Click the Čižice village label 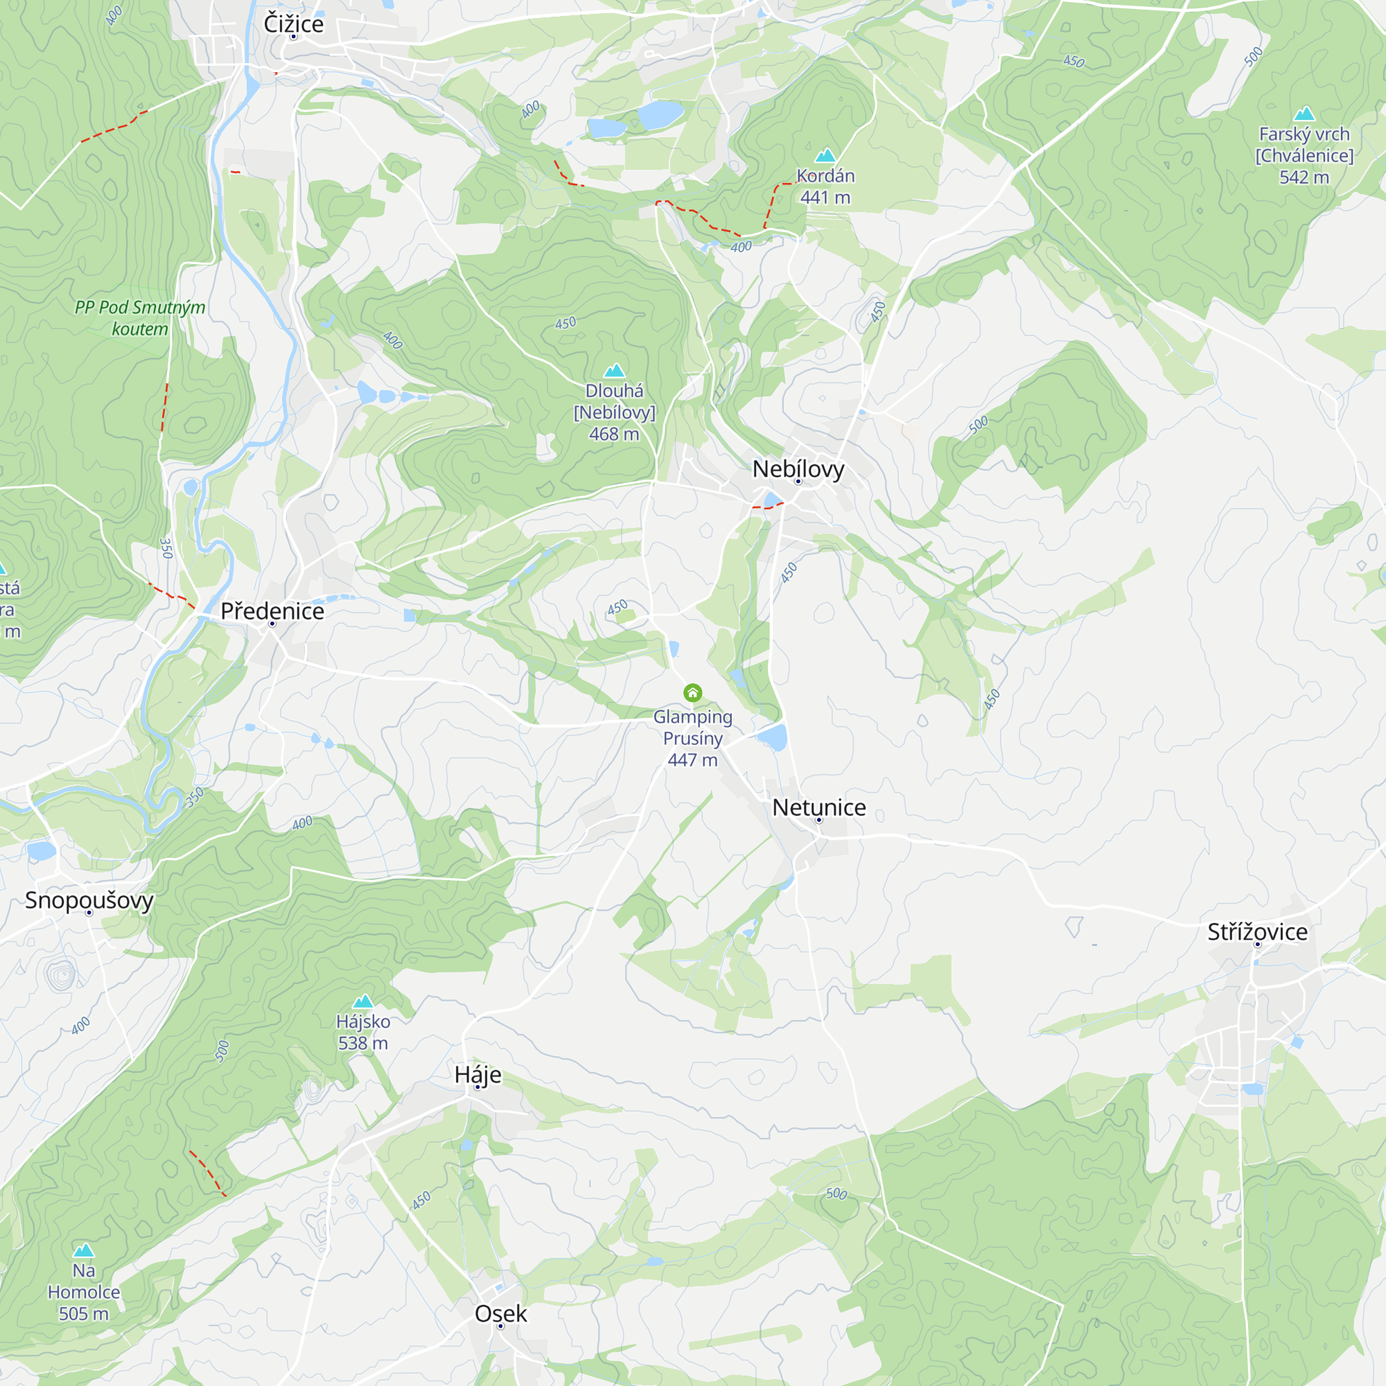coord(293,24)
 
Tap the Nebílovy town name coord(798,469)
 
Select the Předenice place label coord(272,611)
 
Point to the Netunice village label coord(818,808)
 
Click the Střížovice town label coord(1257,932)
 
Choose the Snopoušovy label coord(89,900)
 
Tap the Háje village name coord(477,1075)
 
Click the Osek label coord(501,1313)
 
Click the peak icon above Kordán coord(825,155)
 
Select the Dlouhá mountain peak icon coord(614,370)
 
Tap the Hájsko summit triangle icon coord(363,1001)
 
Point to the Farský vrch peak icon coord(1304,114)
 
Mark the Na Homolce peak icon coord(84,1250)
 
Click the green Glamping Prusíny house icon coord(692,692)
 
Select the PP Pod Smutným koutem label coord(140,318)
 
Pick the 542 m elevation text coord(1304,177)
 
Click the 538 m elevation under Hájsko coord(363,1043)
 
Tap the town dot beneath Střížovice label coord(1257,944)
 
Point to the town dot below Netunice coord(818,820)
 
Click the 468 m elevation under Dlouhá coord(614,434)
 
